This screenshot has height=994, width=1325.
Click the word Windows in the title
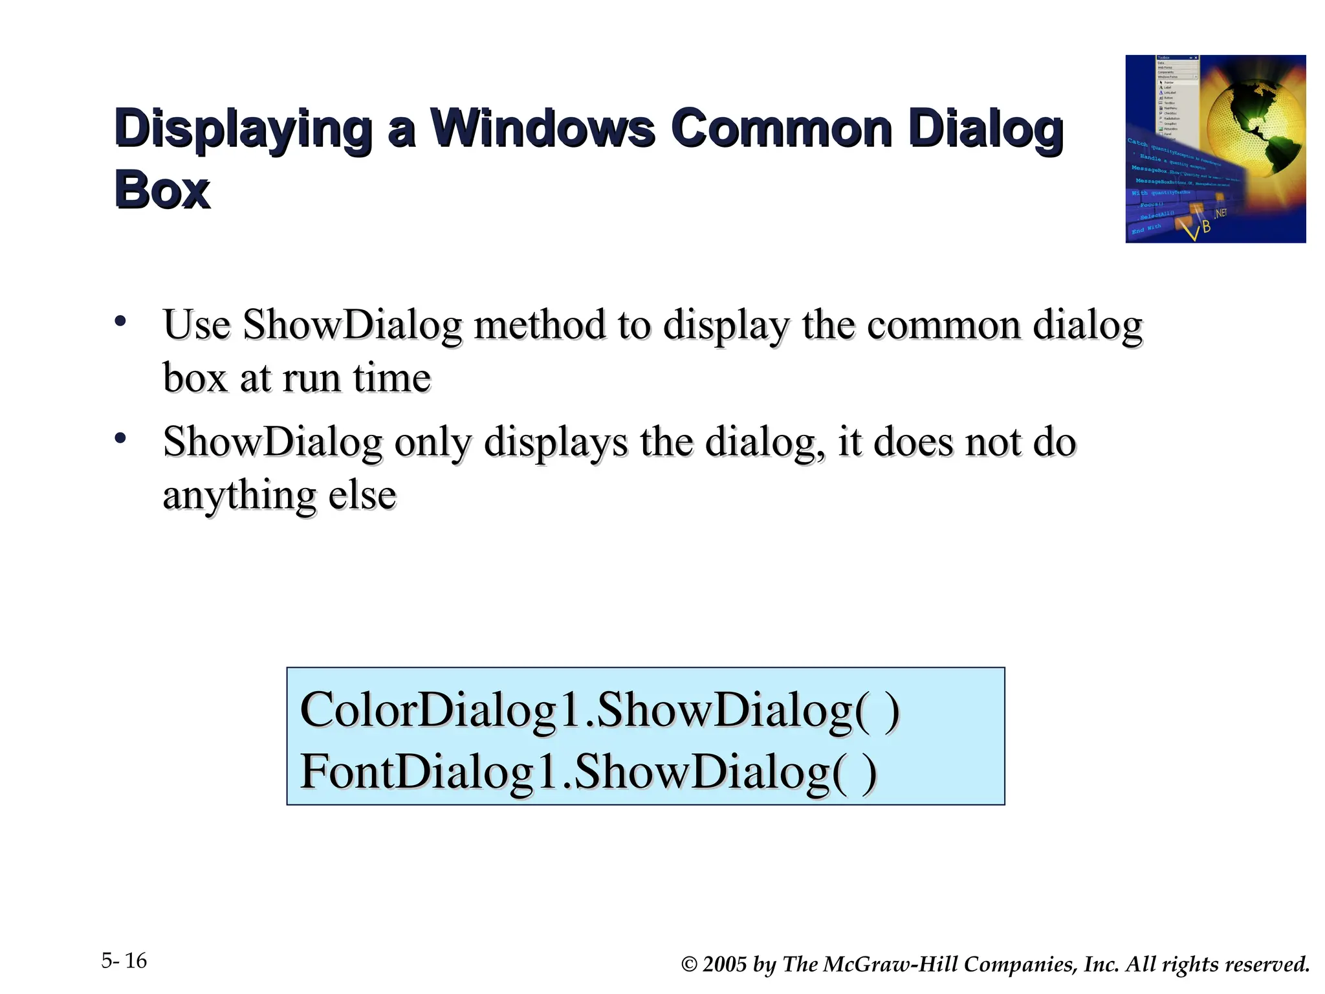[543, 128]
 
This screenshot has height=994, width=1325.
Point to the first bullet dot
[120, 321]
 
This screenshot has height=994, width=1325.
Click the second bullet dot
[120, 439]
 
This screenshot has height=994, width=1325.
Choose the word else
[362, 496]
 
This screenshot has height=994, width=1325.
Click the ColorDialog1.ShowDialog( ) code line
[600, 711]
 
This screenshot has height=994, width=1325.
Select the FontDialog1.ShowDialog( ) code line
[589, 772]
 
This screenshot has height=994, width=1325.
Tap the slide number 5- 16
[124, 961]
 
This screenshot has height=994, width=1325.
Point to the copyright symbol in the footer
[690, 965]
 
